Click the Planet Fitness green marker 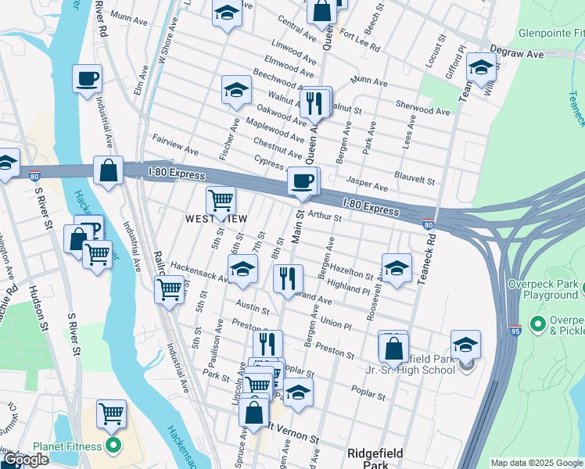pos(113,446)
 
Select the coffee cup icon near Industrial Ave pos(87,79)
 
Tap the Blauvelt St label pos(415,180)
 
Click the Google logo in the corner pos(26,460)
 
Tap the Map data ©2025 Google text pos(536,463)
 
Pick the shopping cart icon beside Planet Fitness pos(112,414)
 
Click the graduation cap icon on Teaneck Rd pos(481,67)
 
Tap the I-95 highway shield pos(515,331)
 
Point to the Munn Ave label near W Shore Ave pos(131,15)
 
